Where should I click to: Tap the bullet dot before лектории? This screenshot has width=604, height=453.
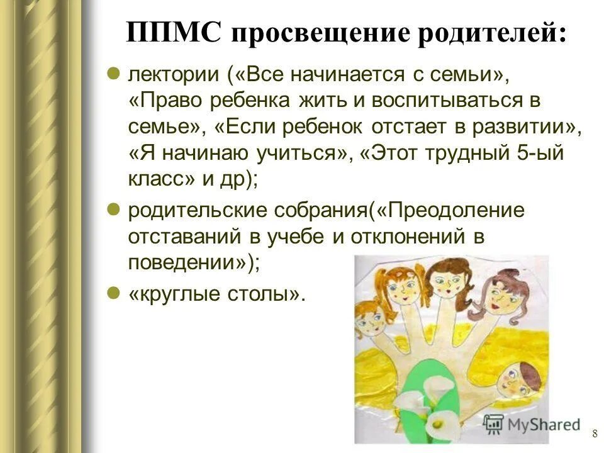tap(114, 74)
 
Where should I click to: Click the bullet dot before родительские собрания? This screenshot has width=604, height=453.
tap(114, 210)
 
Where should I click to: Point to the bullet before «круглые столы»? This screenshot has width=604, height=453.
tap(114, 293)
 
